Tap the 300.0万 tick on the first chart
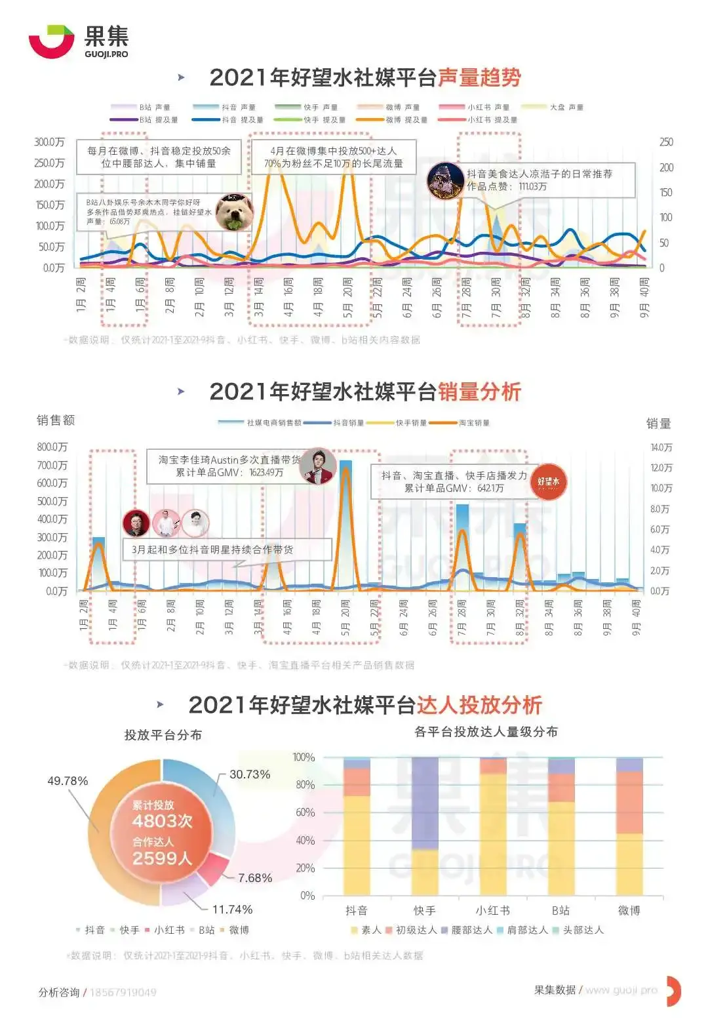click(x=50, y=142)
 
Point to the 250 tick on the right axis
click(x=666, y=142)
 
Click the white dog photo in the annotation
click(x=235, y=212)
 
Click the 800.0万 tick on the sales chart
click(x=52, y=447)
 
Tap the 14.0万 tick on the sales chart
click(x=661, y=447)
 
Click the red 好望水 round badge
click(x=548, y=482)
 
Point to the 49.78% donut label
click(x=68, y=781)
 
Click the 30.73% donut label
click(x=250, y=774)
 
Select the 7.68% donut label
click(x=255, y=878)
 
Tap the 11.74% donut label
click(x=232, y=910)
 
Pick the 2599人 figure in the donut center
click(x=162, y=858)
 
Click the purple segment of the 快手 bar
click(x=425, y=803)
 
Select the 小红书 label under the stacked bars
click(x=493, y=911)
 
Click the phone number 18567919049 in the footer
click(x=123, y=992)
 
